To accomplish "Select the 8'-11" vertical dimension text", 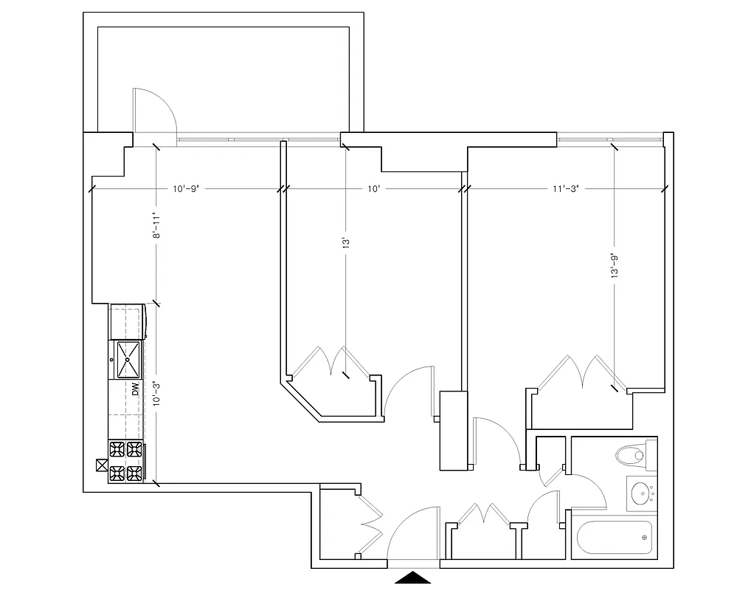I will [156, 225].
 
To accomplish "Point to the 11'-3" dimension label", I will [564, 189].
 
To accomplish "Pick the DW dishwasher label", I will [136, 389].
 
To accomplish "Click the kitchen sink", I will [127, 359].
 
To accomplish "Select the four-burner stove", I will [126, 461].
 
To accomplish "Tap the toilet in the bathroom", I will [632, 454].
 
